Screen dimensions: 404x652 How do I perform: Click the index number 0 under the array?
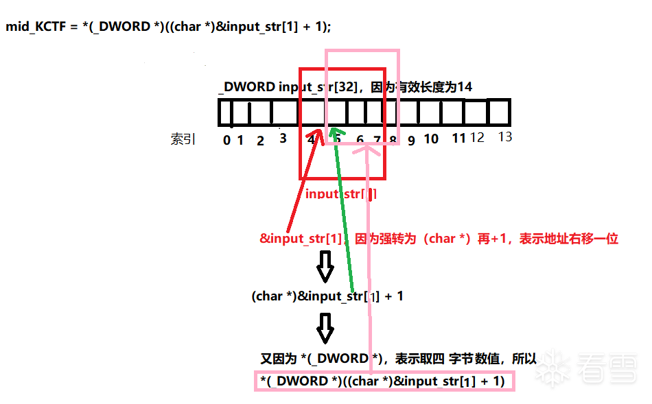pos(226,141)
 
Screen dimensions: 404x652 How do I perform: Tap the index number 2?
pos(260,141)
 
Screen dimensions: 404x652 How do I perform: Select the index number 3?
pos(283,139)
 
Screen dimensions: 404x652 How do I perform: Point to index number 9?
pos(411,141)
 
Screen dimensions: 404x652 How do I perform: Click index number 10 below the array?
pos(431,139)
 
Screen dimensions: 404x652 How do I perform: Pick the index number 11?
pos(459,139)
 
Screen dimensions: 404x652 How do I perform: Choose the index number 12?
pos(477,138)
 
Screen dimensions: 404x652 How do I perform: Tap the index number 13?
pos(505,137)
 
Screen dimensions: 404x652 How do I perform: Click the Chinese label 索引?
pos(183,139)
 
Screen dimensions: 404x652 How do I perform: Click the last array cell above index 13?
pos(499,112)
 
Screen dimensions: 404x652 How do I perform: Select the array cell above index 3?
pos(283,112)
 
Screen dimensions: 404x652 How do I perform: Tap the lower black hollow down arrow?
pos(325,329)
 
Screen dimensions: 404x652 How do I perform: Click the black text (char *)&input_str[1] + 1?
pos(327,296)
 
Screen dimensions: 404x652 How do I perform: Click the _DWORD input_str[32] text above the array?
pos(289,87)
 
